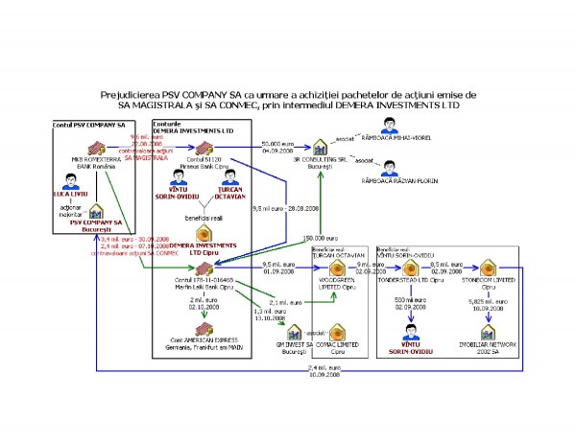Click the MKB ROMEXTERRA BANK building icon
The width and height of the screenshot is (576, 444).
click(95, 148)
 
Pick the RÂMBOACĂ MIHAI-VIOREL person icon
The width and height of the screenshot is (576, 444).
click(390, 126)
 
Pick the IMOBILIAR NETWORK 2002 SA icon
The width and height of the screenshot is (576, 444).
click(489, 333)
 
